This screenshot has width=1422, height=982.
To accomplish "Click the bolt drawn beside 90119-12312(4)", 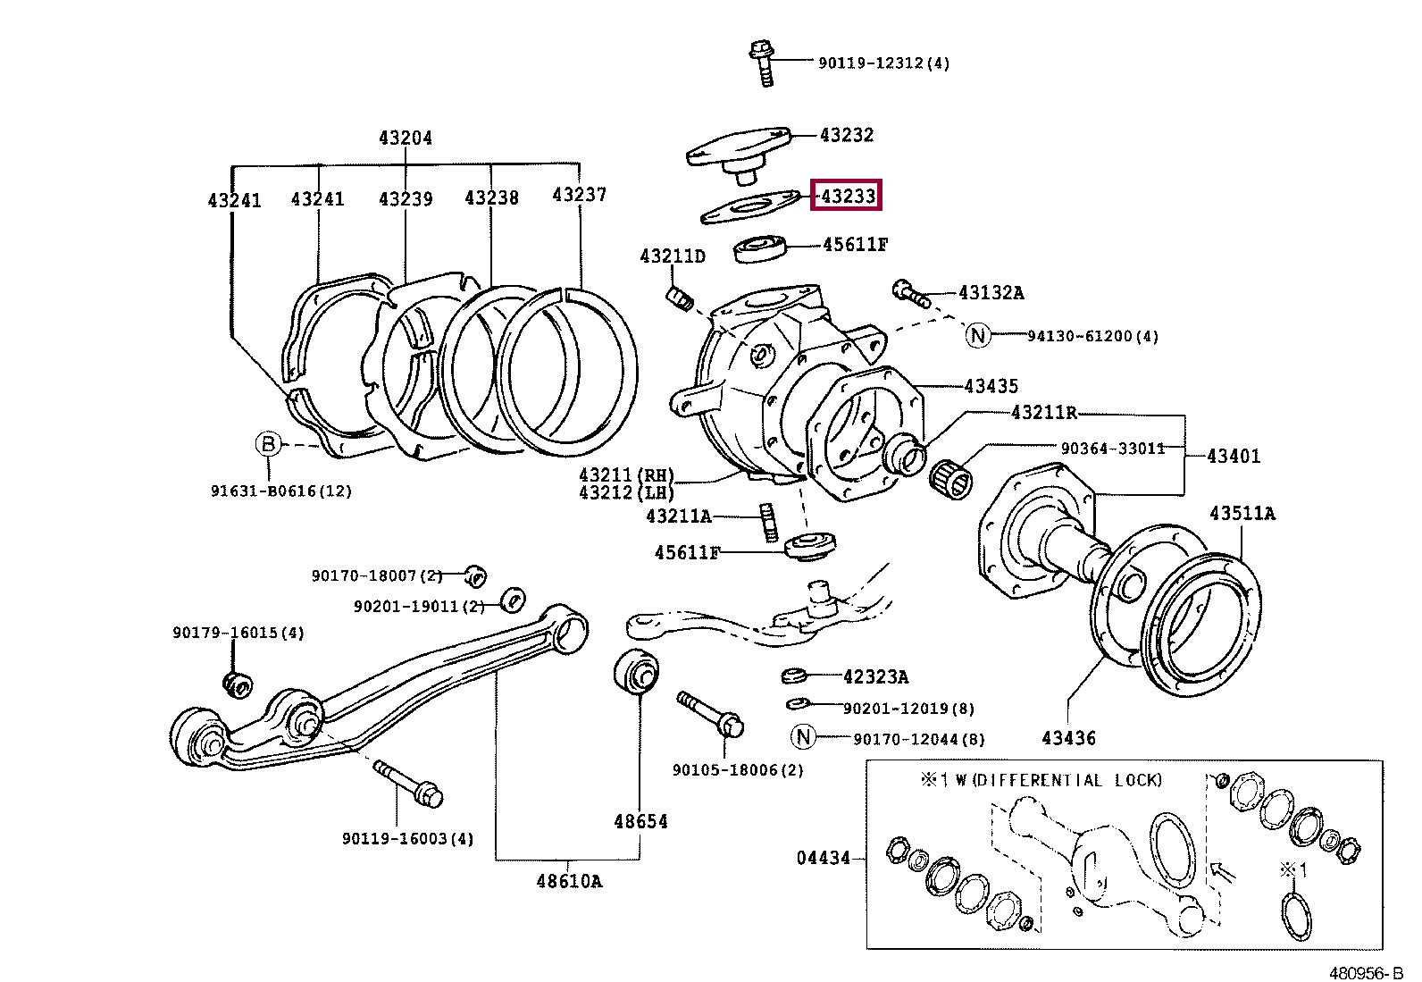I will [x=762, y=61].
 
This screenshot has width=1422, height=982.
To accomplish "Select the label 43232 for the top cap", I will [x=846, y=135].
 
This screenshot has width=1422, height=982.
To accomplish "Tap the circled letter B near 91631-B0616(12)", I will [x=268, y=444].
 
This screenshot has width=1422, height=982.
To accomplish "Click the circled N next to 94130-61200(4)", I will [x=978, y=335].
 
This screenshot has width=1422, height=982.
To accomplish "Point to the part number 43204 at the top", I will [x=405, y=138].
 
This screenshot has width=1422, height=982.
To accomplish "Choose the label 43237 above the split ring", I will [x=579, y=195].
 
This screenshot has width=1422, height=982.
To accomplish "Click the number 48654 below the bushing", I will [x=640, y=821].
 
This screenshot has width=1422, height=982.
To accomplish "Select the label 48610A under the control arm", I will [x=569, y=882].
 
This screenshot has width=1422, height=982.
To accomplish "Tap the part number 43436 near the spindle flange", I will [x=1068, y=738].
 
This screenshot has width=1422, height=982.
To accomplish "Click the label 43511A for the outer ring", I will [x=1242, y=514].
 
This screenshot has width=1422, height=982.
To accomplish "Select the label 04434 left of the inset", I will [x=823, y=858].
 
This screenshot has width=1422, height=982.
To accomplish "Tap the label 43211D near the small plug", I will [x=672, y=256].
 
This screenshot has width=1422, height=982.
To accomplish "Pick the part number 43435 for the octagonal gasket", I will [x=991, y=386].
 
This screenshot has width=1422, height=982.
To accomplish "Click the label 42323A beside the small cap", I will [x=874, y=676].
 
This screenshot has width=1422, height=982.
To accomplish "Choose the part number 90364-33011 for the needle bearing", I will [x=1112, y=448].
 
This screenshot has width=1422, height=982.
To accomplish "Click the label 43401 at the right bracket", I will [x=1233, y=456].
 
